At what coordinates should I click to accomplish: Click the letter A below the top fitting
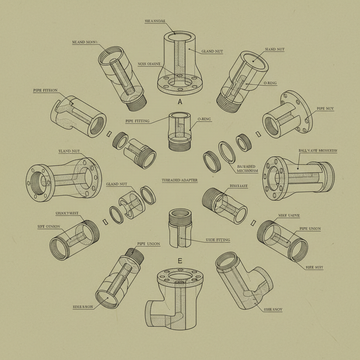click(180, 102)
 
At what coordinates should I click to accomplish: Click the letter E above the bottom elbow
click(180, 261)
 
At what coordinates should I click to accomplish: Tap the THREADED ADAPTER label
click(180, 180)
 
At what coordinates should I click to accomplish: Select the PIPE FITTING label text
click(137, 121)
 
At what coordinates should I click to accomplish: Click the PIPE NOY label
click(325, 109)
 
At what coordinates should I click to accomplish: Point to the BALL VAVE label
click(317, 150)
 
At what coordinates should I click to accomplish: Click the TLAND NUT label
click(69, 151)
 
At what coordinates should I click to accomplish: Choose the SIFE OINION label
click(49, 226)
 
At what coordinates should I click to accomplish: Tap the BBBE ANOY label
click(273, 310)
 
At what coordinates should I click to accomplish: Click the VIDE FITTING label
click(218, 240)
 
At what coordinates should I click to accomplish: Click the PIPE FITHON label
click(45, 90)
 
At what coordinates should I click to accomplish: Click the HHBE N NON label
click(83, 307)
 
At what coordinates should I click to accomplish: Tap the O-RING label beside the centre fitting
click(204, 119)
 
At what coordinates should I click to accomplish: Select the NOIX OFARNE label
click(149, 64)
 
